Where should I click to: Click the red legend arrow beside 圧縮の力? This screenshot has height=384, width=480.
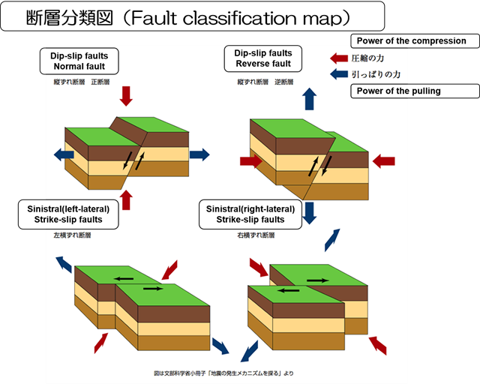coord(339,58)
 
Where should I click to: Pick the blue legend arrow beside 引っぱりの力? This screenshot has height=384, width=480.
coord(339,74)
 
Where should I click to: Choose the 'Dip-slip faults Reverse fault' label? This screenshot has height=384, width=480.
coord(263,58)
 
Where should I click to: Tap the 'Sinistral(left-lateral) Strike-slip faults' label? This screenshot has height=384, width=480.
coord(67,214)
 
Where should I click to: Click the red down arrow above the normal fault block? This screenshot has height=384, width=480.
coord(126,95)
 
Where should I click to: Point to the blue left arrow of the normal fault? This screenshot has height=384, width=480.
coord(64,154)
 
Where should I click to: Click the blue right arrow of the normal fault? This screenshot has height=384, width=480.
coord(199,154)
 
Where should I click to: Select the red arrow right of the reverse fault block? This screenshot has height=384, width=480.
coord(383,160)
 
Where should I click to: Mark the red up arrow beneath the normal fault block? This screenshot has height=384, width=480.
coord(126,199)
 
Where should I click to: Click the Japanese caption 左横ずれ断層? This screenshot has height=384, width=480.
coord(72,235)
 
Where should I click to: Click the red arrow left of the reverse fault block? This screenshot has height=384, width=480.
coord(250,160)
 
